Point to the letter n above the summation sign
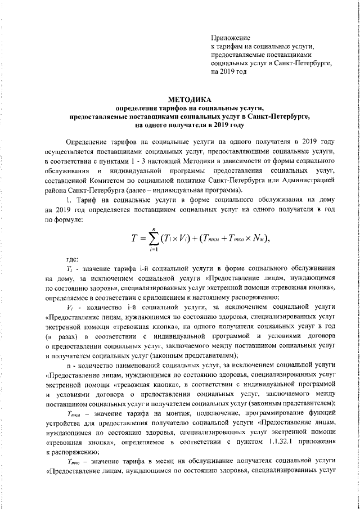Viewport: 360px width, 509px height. click(x=152, y=224)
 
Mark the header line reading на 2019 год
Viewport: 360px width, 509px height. click(x=228, y=72)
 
